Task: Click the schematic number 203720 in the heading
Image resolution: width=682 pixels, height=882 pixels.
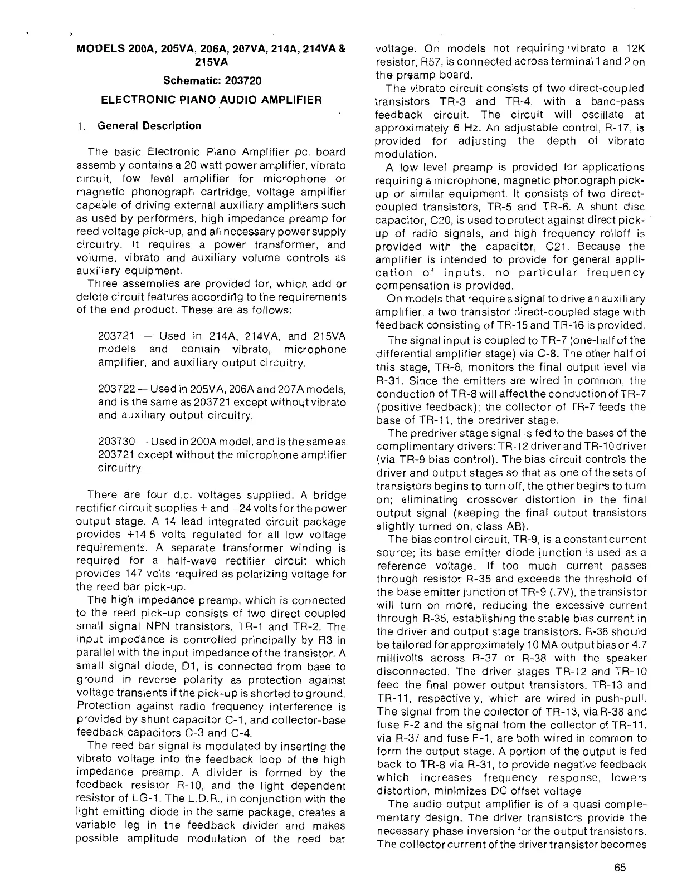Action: click(241, 80)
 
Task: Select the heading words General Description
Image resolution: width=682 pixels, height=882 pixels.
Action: click(149, 126)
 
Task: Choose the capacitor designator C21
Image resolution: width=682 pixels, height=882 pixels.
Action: click(573, 246)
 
